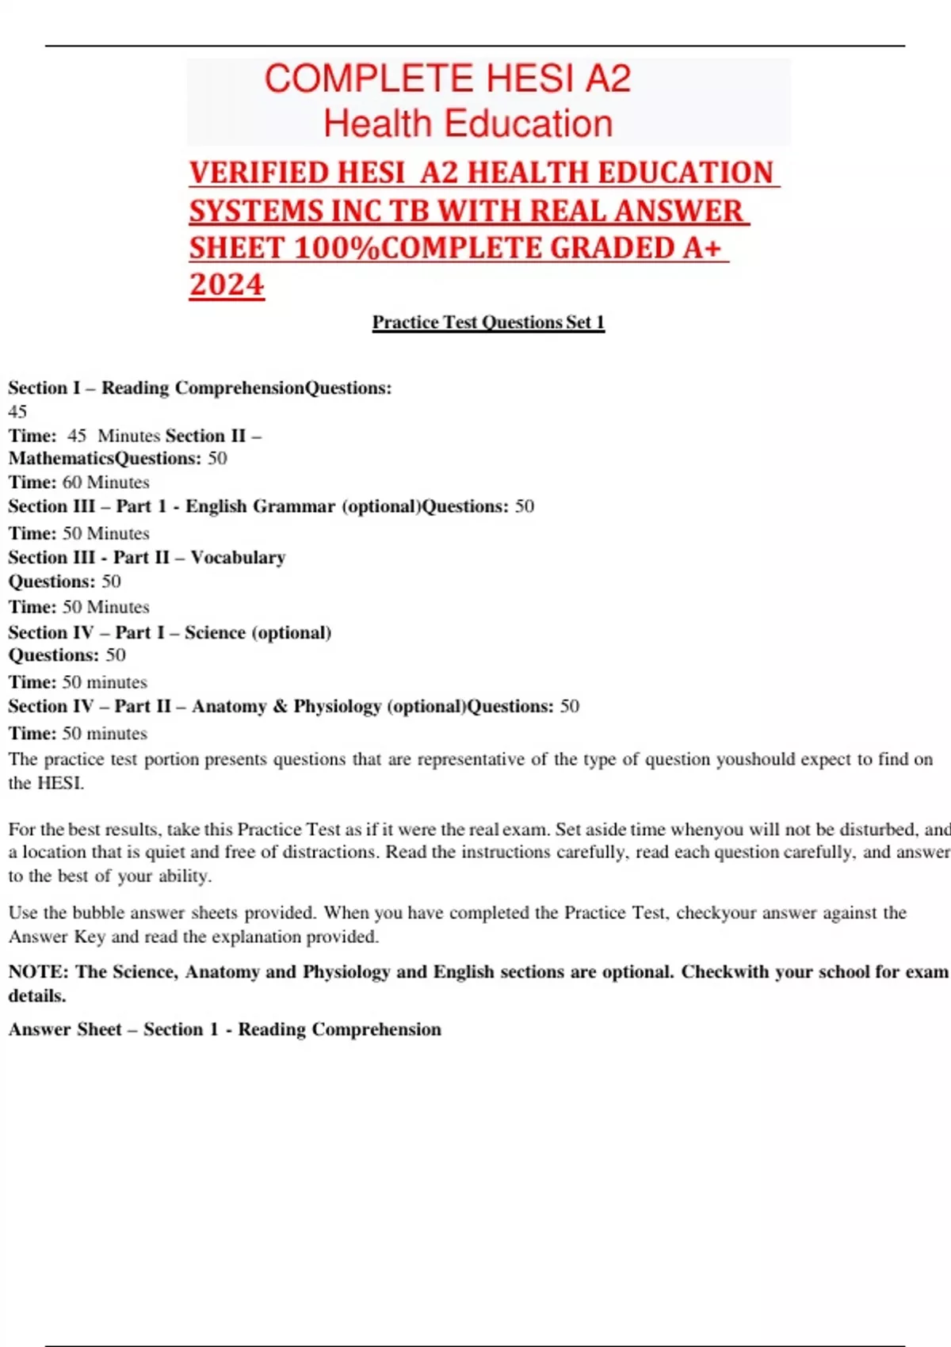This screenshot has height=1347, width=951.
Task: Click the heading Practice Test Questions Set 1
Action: click(488, 322)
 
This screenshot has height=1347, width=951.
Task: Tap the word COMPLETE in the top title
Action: click(369, 79)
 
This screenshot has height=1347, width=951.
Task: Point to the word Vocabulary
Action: click(238, 558)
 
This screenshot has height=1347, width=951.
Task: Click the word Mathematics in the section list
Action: click(61, 459)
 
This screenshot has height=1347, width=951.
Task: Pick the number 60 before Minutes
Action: click(72, 483)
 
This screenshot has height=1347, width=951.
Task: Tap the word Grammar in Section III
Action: click(294, 506)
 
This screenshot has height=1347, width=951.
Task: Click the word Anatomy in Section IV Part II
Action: click(228, 706)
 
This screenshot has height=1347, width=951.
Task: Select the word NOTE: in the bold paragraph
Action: click(39, 972)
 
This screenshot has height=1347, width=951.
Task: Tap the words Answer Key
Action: click(57, 937)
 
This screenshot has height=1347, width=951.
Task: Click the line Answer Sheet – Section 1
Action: click(225, 1029)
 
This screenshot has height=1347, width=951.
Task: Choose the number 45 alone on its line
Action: click(17, 411)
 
